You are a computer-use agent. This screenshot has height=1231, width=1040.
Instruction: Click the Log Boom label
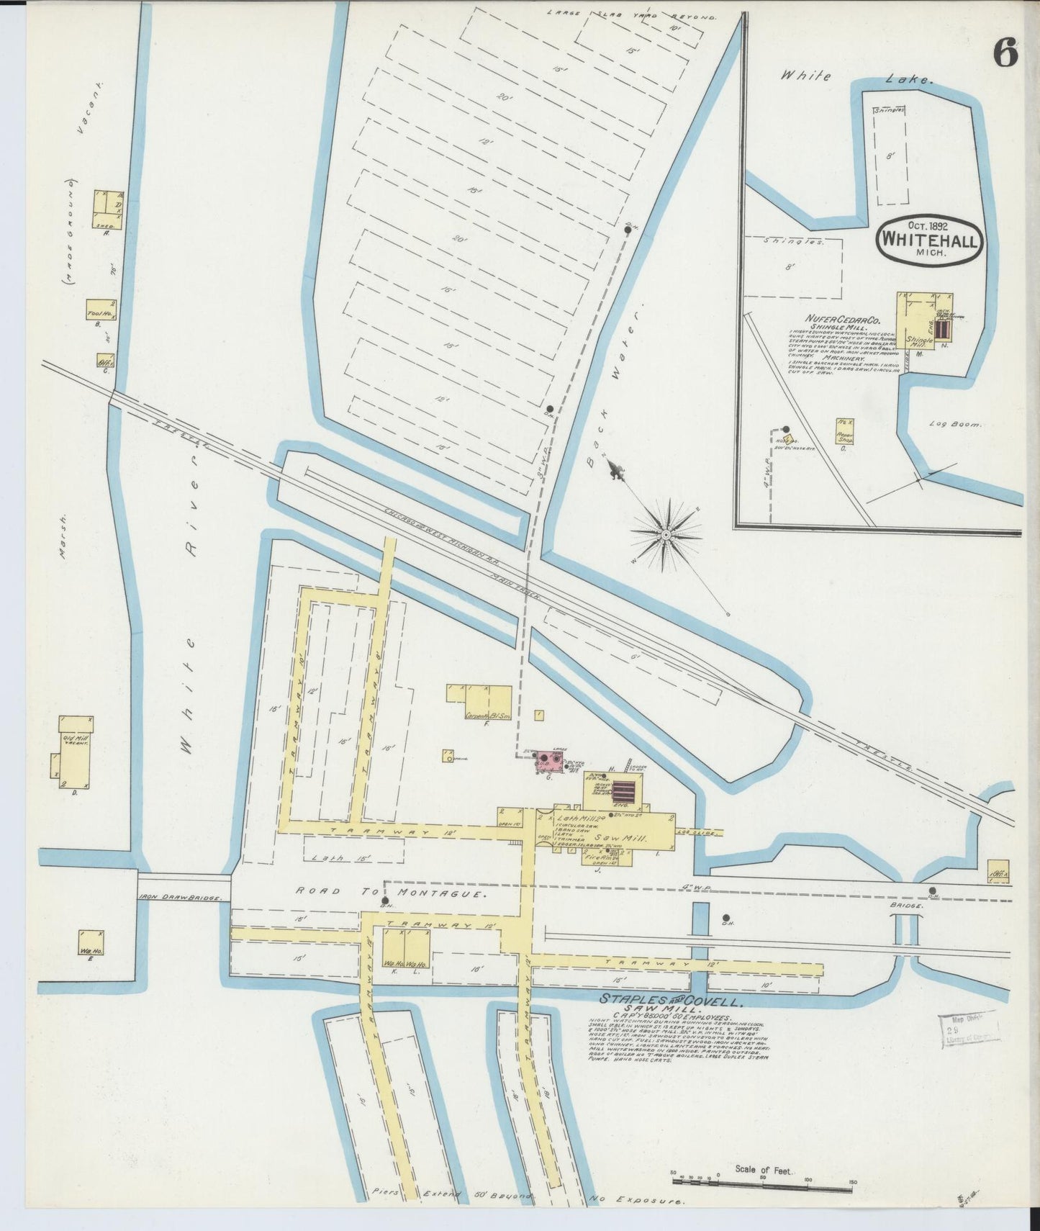(955, 425)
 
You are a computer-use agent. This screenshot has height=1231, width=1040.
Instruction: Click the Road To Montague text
(393, 891)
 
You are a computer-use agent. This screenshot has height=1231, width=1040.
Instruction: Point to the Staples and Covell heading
(672, 1001)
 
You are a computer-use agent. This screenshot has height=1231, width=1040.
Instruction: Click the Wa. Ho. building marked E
(91, 944)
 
